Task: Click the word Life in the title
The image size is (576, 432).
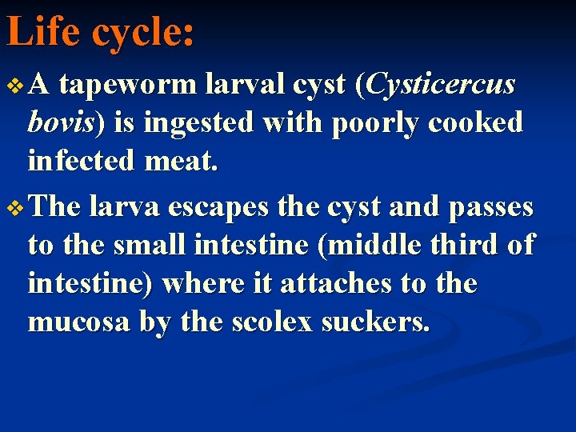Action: [43, 33]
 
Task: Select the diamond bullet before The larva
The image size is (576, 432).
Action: [13, 208]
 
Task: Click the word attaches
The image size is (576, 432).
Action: [305, 284]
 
